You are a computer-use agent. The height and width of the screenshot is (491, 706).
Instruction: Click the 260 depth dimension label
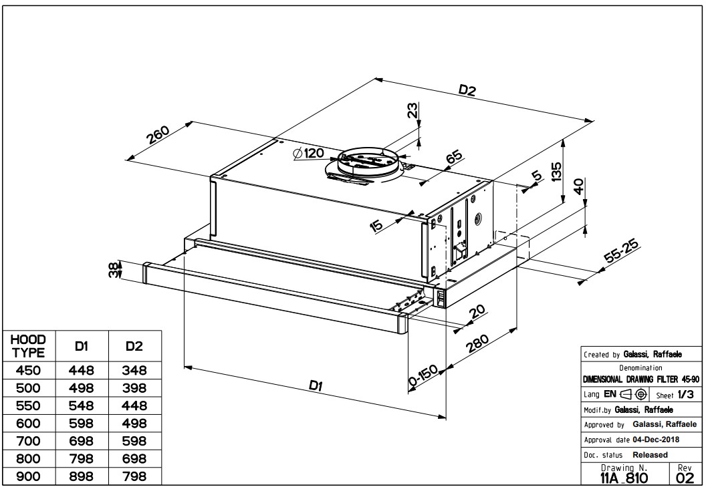159,135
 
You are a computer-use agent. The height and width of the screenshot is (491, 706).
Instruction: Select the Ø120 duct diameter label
308,154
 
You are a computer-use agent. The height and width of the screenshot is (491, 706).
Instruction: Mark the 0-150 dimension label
423,377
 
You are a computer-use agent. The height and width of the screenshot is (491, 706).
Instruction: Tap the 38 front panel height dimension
114,270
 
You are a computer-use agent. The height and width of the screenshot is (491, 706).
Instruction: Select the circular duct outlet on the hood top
367,162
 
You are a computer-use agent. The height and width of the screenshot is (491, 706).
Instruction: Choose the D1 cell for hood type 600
82,424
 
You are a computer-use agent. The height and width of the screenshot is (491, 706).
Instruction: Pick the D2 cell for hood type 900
134,476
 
